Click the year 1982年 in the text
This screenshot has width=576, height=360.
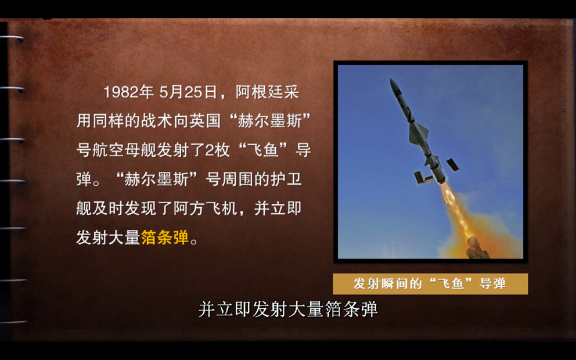128,92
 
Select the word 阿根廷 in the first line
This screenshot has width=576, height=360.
260,92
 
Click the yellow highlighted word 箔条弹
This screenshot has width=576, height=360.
164,237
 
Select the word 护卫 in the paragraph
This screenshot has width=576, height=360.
286,179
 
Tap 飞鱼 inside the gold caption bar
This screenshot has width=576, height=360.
451,283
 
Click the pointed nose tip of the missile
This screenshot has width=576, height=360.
391,79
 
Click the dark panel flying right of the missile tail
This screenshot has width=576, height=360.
452,164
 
